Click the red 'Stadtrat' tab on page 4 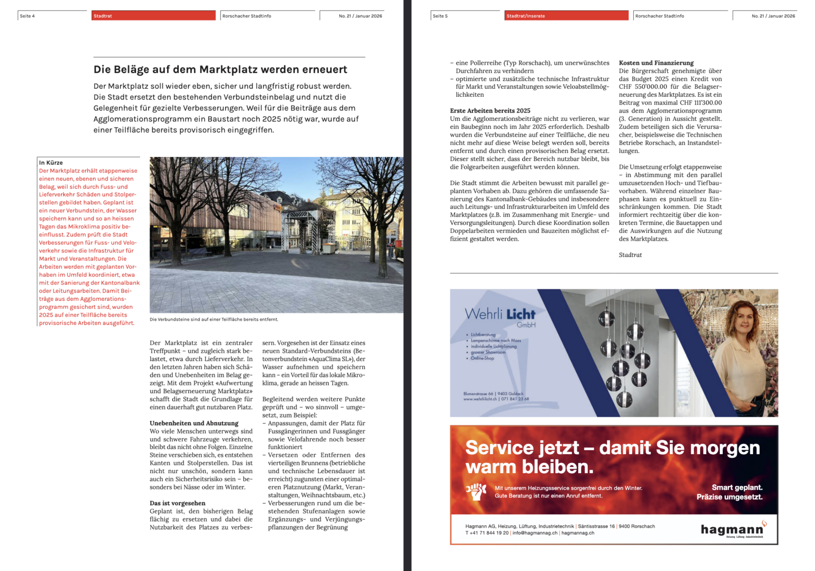click(x=153, y=16)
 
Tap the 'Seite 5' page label click(x=440, y=16)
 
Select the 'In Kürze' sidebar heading click(x=51, y=163)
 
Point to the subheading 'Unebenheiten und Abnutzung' click(x=194, y=423)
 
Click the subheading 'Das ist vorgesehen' click(x=178, y=503)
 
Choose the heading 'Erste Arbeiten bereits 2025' click(x=490, y=111)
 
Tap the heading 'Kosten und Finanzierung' click(x=656, y=63)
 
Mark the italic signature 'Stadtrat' click(x=630, y=255)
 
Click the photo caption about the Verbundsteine click(x=214, y=320)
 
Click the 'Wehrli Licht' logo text click(x=500, y=314)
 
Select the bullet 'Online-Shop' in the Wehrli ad click(x=482, y=358)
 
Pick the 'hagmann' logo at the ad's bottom click(x=732, y=529)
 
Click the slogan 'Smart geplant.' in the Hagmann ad click(x=737, y=487)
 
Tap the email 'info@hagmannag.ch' click(x=534, y=533)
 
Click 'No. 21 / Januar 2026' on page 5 click(x=773, y=16)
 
